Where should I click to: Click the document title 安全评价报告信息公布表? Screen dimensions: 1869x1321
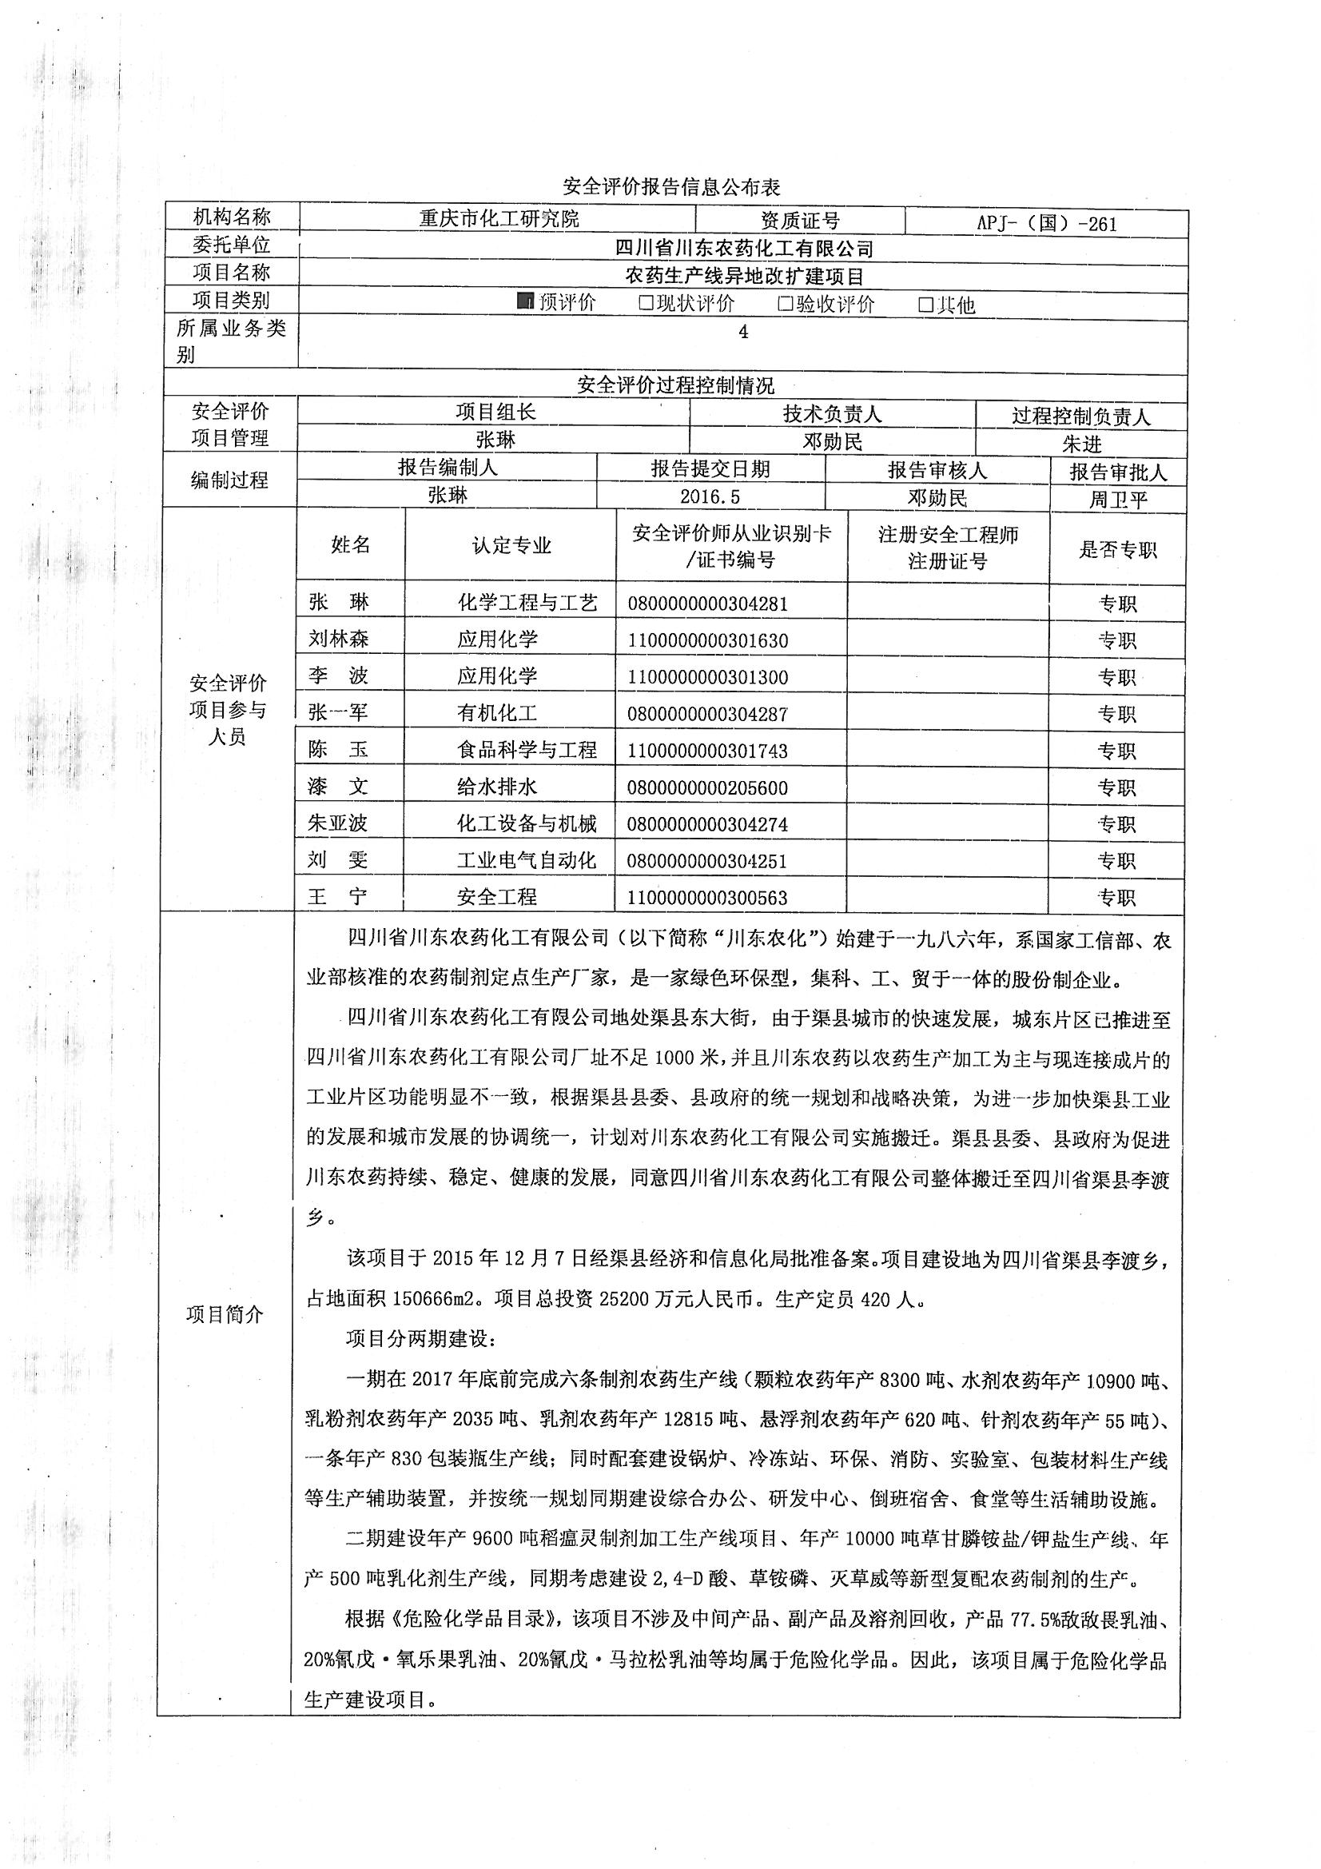point(671,187)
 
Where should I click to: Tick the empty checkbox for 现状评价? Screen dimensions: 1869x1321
point(647,304)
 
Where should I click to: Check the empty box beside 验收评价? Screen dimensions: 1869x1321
point(786,305)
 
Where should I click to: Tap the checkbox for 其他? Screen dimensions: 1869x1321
point(925,305)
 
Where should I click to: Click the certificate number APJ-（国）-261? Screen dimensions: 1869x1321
point(1047,224)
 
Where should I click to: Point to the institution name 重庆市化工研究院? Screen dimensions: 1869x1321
point(499,218)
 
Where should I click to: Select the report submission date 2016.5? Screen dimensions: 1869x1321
point(710,496)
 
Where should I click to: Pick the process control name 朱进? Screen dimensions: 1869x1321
point(1082,444)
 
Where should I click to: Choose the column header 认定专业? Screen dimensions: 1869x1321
point(511,545)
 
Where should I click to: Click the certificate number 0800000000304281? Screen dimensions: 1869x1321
point(707,604)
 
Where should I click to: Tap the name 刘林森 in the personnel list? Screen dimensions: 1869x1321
point(339,639)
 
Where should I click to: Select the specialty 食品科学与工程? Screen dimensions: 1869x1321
point(527,750)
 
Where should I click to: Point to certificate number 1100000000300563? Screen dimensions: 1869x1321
point(707,898)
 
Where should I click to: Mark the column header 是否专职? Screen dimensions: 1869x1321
point(1117,549)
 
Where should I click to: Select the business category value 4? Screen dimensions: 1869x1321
point(742,331)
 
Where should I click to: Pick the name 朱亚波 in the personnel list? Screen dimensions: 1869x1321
point(339,823)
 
